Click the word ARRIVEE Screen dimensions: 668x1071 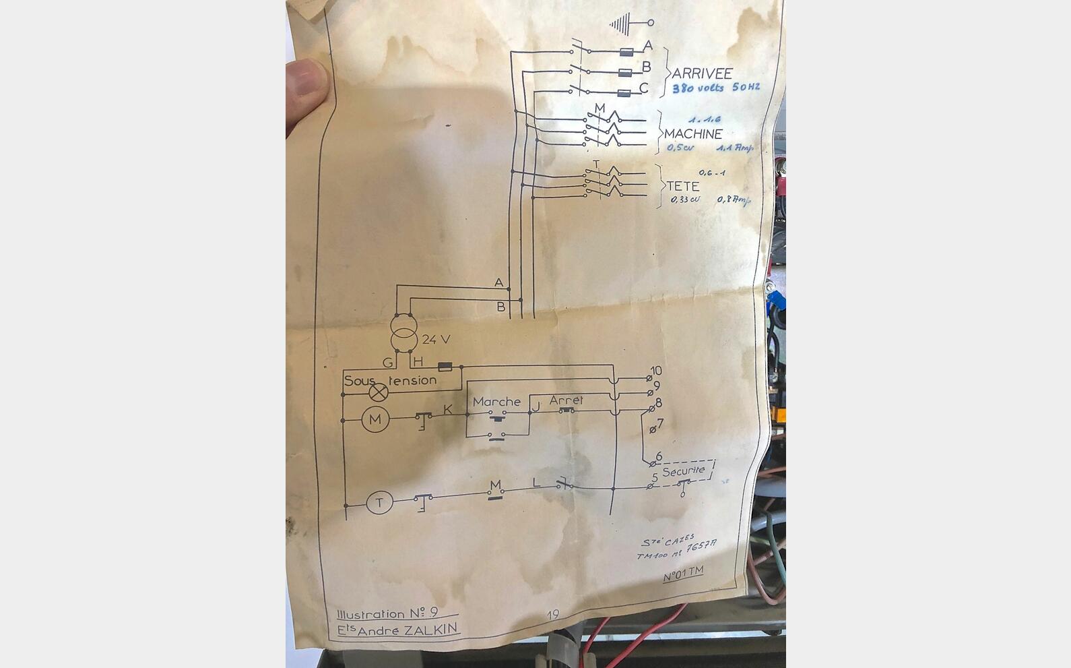[x=701, y=73]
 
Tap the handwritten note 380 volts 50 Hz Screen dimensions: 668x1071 [x=716, y=88]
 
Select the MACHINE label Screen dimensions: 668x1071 [x=693, y=133]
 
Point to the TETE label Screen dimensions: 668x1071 [x=683, y=186]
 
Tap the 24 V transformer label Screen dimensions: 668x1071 [x=436, y=340]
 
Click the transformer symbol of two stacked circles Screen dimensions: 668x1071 [x=404, y=332]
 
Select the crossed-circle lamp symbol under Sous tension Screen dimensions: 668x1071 [x=379, y=392]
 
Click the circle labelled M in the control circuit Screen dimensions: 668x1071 [x=375, y=420]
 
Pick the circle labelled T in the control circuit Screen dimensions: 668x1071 [x=379, y=503]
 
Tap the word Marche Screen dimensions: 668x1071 [x=496, y=402]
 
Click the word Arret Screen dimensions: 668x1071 [x=566, y=400]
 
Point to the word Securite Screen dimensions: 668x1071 [x=683, y=470]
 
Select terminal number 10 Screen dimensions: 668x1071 [x=655, y=371]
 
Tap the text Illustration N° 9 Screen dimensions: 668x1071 [x=387, y=613]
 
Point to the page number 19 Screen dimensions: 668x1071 [x=553, y=615]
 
